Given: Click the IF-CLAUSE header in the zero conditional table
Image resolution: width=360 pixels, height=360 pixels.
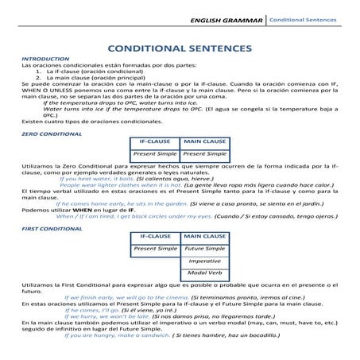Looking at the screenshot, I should pyautogui.click(x=155, y=141).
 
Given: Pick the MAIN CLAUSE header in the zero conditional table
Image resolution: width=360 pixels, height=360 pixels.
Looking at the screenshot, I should pyautogui.click(x=204, y=141).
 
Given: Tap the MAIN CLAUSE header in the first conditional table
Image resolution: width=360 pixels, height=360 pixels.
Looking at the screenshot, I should pyautogui.click(x=204, y=237).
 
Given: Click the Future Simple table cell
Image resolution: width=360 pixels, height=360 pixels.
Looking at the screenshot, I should pyautogui.click(x=204, y=249).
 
